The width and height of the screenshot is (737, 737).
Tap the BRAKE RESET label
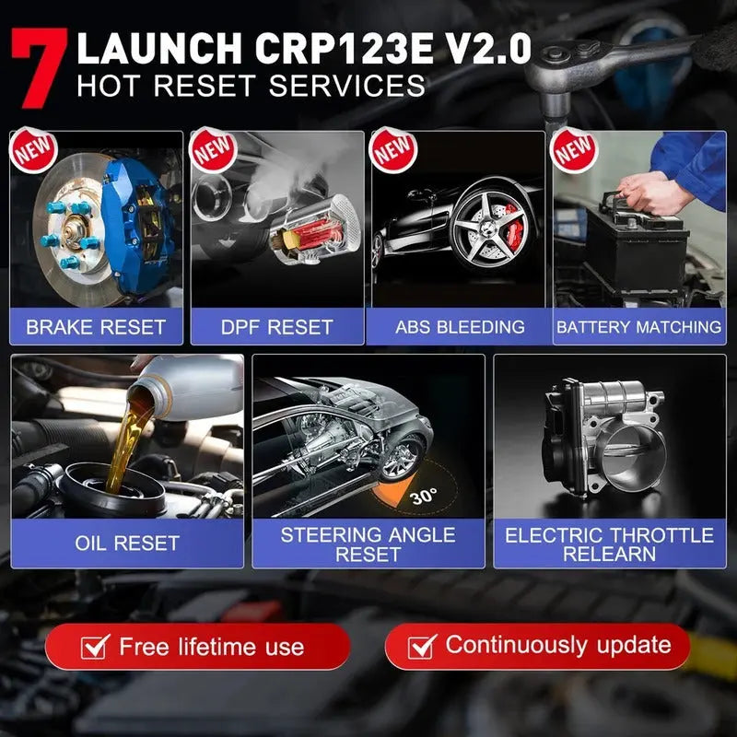95,326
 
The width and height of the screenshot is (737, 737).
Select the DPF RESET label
277,326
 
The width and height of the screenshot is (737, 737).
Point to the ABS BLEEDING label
460,326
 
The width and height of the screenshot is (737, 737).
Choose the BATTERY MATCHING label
638,326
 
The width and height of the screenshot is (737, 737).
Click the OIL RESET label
127,543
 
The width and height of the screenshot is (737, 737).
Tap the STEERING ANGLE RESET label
368,544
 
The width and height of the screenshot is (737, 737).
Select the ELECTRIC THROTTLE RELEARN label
609,544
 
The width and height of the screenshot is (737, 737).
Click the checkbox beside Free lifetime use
95,647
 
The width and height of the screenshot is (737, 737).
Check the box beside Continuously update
422,646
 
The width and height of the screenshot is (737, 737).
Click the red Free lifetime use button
197,647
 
